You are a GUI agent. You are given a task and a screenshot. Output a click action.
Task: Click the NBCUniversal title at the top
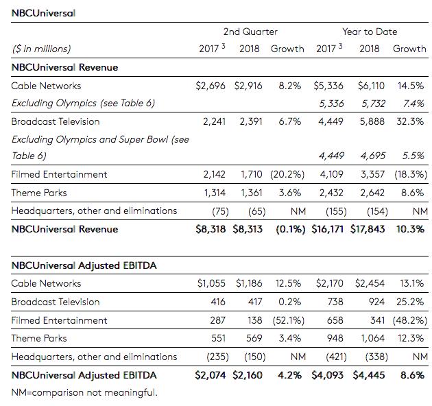coord(44,12)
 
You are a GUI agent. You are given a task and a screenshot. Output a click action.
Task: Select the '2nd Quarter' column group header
coord(250,32)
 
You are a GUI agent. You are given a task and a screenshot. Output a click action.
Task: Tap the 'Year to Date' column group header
coord(370,32)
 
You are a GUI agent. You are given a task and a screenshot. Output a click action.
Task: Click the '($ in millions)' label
coord(41,49)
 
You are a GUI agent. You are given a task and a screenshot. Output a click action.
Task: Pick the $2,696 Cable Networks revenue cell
coord(211,86)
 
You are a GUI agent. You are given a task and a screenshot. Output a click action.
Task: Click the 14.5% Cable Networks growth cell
coord(409,86)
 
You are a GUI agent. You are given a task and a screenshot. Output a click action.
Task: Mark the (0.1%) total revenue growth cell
coord(290,229)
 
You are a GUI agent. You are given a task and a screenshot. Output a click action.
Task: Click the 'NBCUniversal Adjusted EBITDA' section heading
coord(84,265)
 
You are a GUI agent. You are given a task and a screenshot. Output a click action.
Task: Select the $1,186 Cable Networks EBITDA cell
coord(249,283)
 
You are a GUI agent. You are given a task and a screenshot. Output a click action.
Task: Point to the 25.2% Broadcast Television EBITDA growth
coord(410,302)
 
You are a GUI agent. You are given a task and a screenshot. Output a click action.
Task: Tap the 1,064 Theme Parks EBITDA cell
coord(372,338)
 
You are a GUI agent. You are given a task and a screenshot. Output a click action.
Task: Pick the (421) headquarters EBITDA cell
coord(332,357)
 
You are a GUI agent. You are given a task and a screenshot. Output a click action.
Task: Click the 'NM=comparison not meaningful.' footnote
coord(84,392)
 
